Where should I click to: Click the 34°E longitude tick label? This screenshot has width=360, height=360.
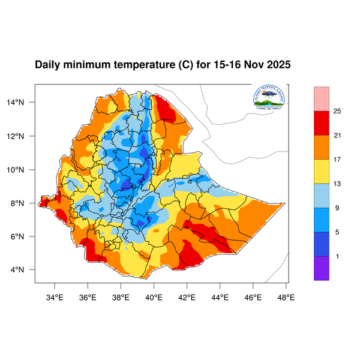click(x=55, y=296)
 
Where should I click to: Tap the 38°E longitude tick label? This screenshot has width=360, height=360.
click(x=121, y=296)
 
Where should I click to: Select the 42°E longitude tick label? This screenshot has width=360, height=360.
click(x=187, y=296)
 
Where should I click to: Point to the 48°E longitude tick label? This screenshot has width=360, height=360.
click(x=286, y=296)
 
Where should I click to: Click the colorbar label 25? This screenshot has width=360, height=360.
click(x=337, y=111)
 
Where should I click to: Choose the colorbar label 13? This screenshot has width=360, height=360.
click(x=337, y=184)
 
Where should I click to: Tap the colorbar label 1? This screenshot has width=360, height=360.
click(x=337, y=256)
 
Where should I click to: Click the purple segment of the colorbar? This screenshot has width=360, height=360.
click(x=322, y=268)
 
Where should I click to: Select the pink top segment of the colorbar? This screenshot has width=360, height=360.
click(x=322, y=98)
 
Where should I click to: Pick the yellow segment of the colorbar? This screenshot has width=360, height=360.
click(x=322, y=171)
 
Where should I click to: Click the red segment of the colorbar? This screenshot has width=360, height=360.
click(x=322, y=122)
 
